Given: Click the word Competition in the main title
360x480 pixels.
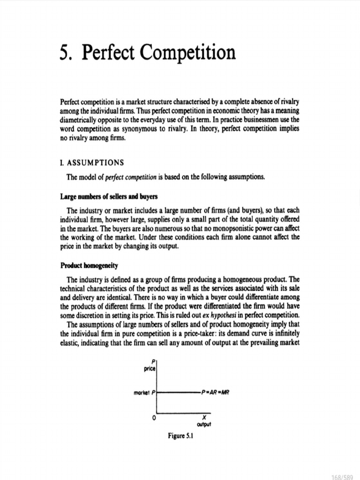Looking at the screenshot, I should (x=188, y=52).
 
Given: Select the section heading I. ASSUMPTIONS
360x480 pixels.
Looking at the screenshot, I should (x=92, y=163).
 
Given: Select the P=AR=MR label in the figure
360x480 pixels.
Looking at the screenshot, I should (x=216, y=390).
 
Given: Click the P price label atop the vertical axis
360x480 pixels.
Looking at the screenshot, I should (x=150, y=365).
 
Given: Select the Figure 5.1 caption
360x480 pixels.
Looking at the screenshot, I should (x=181, y=436).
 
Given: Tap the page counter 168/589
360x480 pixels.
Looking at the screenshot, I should (x=344, y=474).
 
